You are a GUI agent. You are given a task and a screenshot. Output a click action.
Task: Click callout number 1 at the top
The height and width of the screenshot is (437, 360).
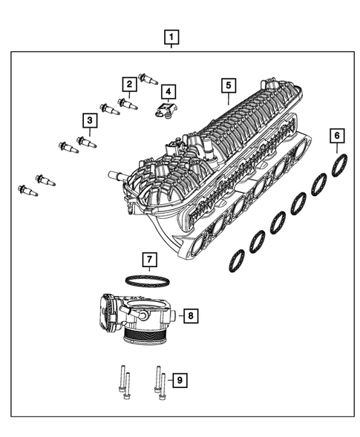pyautogui.click(x=171, y=36)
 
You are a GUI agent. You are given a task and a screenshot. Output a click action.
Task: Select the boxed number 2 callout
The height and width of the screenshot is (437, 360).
pyautogui.click(x=128, y=85)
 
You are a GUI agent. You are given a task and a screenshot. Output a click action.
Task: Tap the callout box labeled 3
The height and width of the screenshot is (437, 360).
pyautogui.click(x=88, y=119)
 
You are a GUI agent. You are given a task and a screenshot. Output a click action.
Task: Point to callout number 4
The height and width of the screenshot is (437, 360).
pyautogui.click(x=168, y=92)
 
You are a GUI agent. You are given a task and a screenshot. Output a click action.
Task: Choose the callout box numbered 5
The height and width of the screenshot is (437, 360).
pyautogui.click(x=229, y=86)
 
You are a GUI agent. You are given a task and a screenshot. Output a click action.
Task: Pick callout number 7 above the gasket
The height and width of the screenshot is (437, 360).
pyautogui.click(x=149, y=260)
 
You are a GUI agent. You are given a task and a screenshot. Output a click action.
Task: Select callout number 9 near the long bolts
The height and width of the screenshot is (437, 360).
pyautogui.click(x=178, y=381)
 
